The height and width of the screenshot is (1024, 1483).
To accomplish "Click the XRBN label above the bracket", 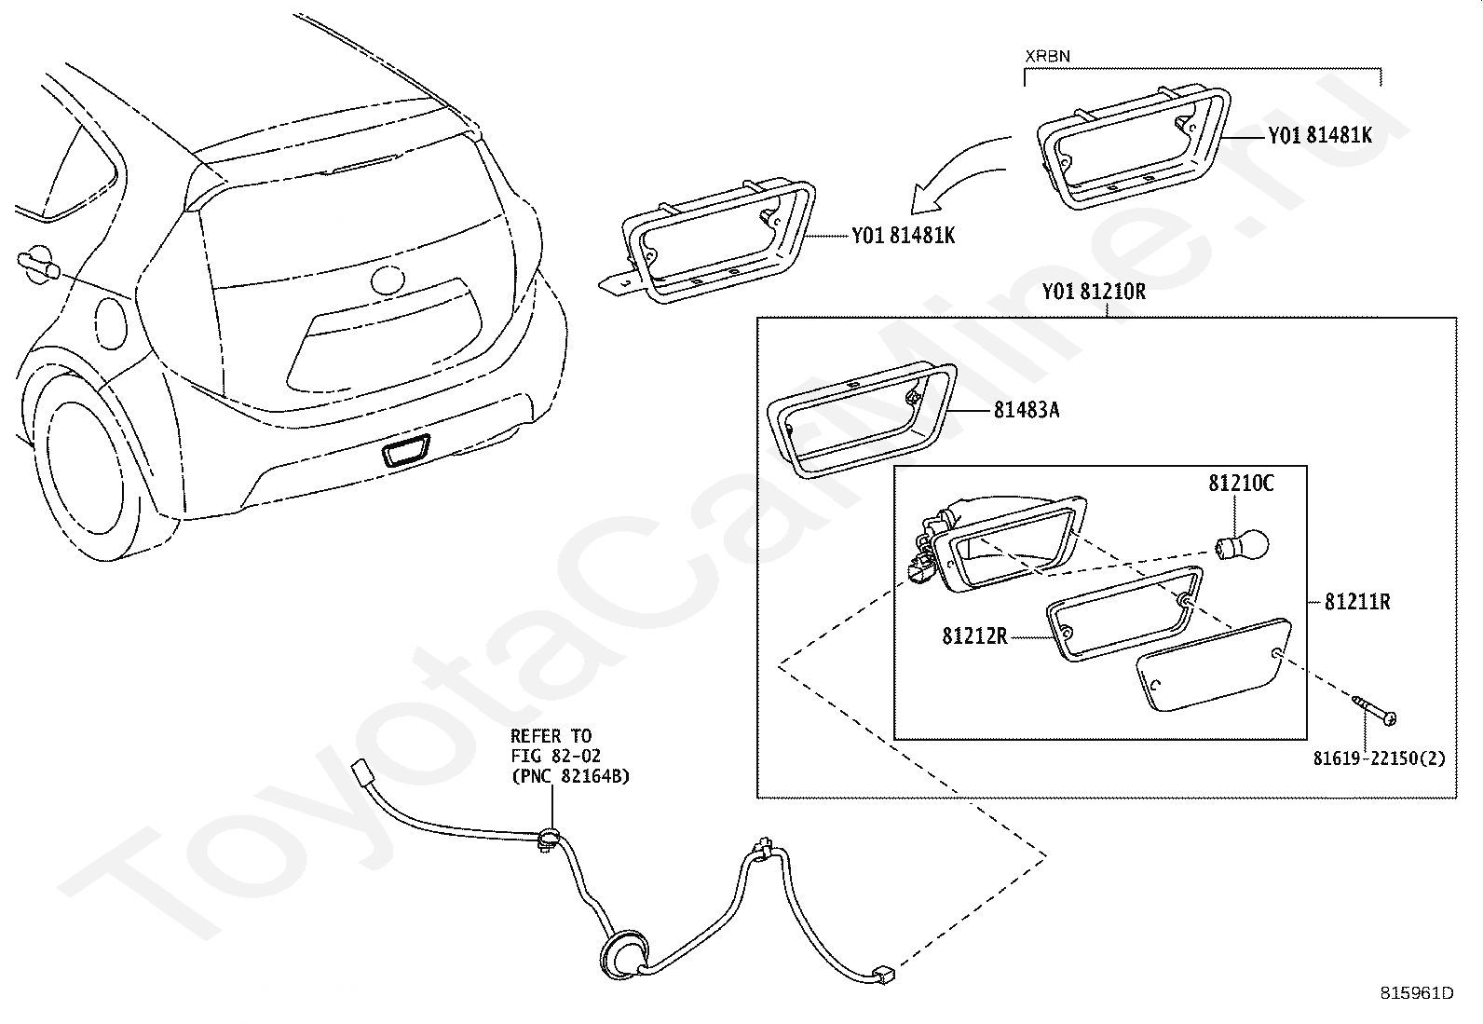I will point(1047,56).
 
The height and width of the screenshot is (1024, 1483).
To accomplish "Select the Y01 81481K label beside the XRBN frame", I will point(1319,135).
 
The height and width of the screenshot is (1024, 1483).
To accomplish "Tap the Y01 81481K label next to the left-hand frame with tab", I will point(903,236).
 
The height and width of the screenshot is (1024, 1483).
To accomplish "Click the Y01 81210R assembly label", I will point(1094,292).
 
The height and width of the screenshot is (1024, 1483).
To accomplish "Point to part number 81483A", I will point(1027,410).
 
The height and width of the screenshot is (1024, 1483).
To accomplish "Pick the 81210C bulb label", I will point(1241,484).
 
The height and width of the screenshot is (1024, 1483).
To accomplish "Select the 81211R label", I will point(1357,602).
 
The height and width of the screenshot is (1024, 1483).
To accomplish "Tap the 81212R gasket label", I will point(974,636).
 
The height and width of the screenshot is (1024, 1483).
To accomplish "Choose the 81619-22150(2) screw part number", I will point(1380,758).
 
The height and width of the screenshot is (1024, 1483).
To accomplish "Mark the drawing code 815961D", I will point(1416,992).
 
